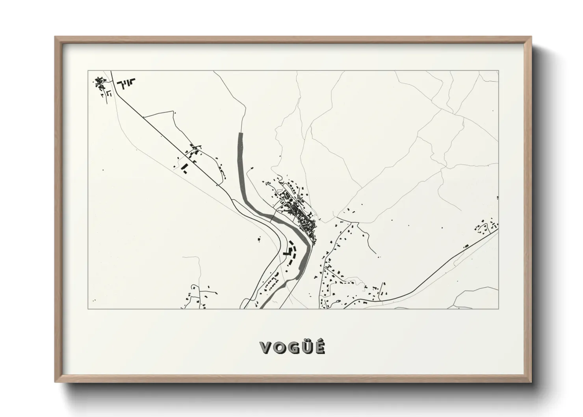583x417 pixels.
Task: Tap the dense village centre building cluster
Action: tap(301, 215)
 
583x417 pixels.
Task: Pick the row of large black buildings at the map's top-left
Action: tap(126, 83)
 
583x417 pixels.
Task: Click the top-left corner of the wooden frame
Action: tap(56, 37)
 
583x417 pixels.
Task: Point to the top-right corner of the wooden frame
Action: tap(530, 37)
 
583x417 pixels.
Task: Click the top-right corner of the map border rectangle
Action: tap(498, 71)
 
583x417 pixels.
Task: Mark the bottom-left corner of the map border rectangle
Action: tap(88, 309)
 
